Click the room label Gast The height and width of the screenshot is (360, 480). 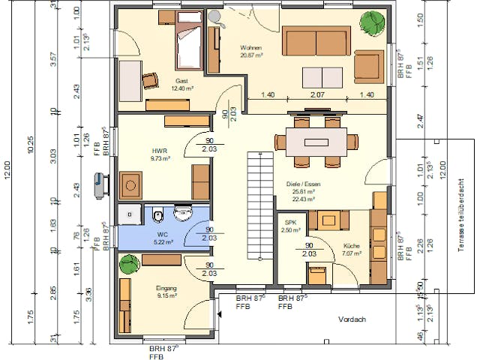181,81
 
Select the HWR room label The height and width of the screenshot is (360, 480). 158,150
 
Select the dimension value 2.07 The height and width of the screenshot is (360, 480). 316,95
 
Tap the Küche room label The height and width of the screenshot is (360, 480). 352,247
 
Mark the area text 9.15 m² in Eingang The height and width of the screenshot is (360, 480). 166,295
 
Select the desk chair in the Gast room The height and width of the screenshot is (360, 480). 151,79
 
